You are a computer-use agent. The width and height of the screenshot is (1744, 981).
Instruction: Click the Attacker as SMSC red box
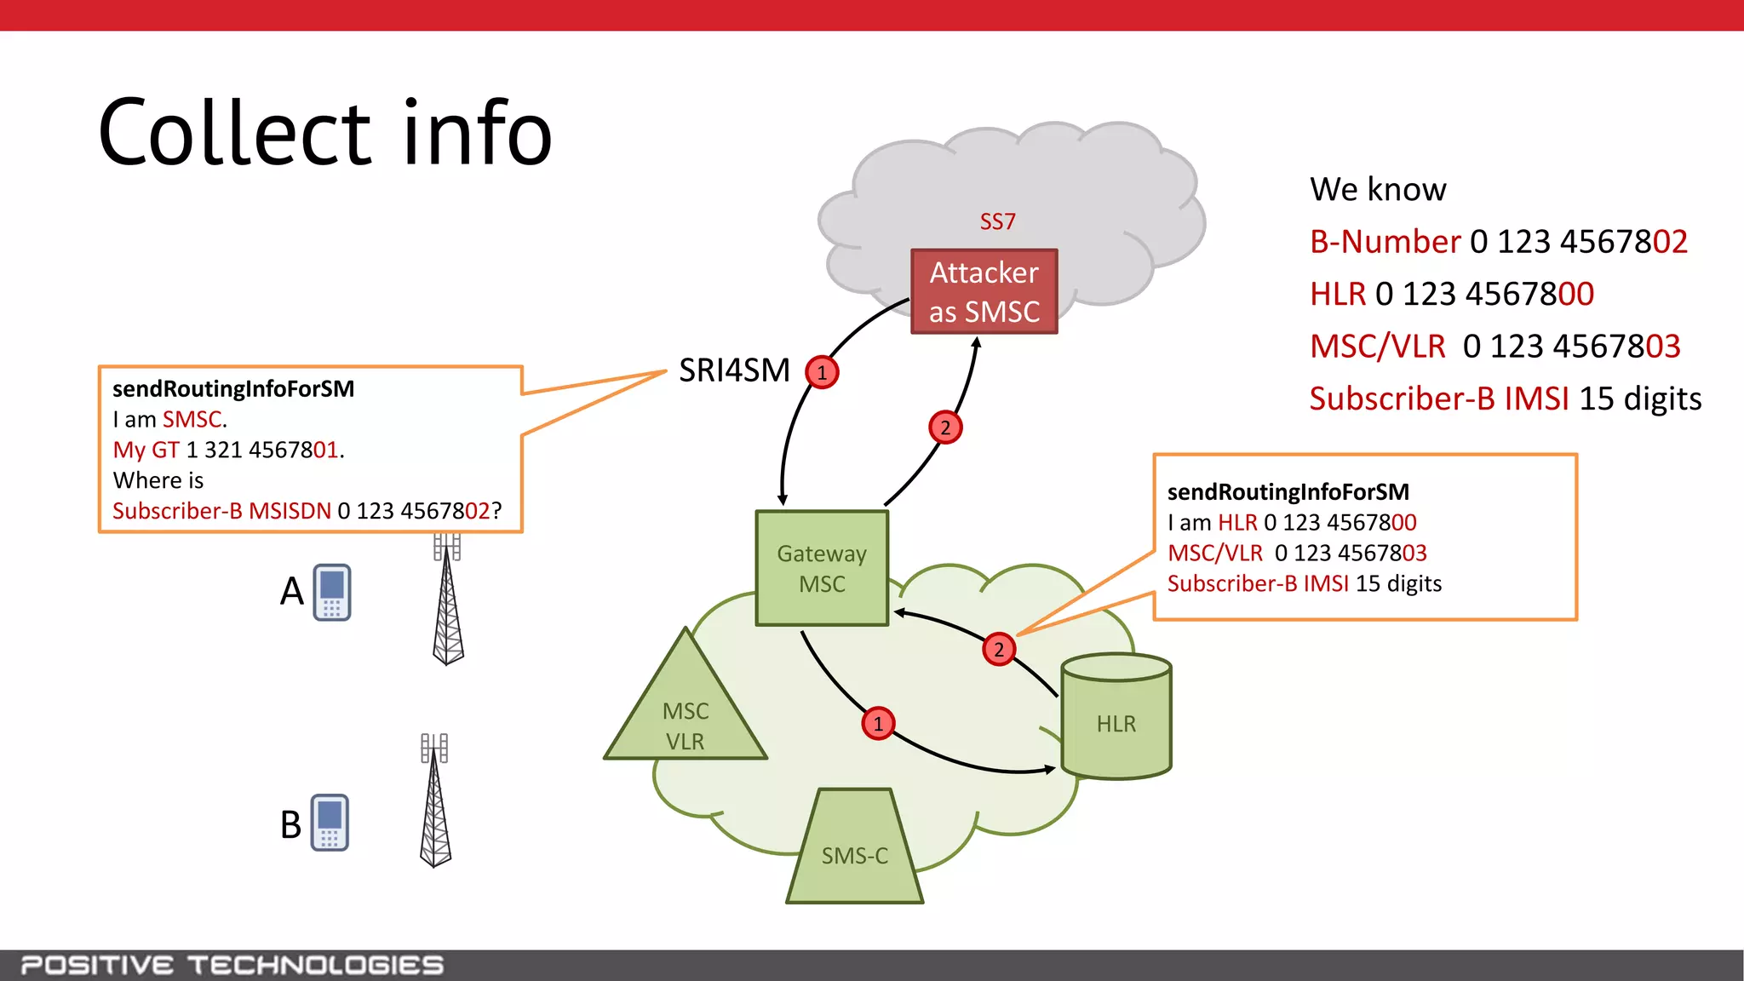984,291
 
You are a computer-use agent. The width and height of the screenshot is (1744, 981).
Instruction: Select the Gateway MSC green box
822,568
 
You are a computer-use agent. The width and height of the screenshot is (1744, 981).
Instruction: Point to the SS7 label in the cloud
997,221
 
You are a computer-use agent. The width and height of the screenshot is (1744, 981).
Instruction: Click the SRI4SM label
734,370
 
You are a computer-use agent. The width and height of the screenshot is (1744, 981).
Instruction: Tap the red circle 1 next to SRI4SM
822,372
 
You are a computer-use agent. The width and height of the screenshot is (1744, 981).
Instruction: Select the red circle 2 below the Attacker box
945,427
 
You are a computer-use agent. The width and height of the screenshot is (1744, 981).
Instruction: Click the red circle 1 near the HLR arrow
878,724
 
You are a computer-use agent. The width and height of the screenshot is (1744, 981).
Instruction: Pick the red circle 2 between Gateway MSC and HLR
999,650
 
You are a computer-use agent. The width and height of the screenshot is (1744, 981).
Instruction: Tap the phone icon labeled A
332,592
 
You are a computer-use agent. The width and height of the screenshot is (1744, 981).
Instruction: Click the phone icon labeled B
330,823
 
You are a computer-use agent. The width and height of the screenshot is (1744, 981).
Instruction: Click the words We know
1377,189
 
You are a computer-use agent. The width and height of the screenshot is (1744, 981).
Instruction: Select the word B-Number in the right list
1385,242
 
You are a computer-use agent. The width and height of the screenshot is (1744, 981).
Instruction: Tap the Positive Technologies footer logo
232,965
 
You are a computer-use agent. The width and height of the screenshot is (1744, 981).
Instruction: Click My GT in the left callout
146,450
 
